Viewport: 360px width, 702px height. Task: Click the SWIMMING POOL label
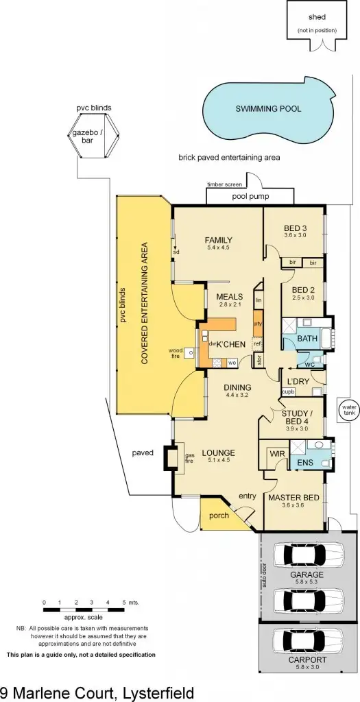pos(268,109)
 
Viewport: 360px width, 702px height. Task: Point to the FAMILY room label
pos(218,240)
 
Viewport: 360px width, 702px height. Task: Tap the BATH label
pos(307,338)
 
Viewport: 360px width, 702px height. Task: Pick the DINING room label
pos(237,387)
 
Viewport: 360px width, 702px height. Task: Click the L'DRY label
pos(299,380)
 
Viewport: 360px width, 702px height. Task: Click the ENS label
pos(305,463)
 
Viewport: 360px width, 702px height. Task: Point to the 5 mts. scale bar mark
pos(124,603)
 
